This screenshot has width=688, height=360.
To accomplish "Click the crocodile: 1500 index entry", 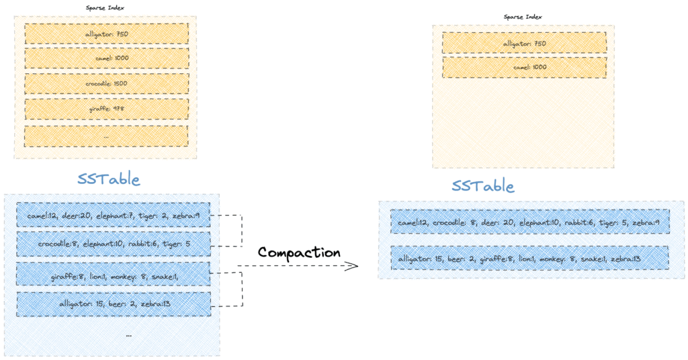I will click(x=106, y=83).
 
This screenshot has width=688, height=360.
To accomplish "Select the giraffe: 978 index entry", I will click(x=106, y=109).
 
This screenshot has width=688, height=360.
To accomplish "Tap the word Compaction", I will click(x=299, y=253).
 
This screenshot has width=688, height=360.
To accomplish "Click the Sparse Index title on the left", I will click(x=105, y=7).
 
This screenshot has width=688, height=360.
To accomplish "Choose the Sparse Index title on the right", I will click(x=523, y=17).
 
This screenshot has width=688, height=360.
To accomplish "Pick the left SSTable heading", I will click(x=108, y=179).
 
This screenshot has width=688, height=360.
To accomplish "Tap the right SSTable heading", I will click(x=483, y=185).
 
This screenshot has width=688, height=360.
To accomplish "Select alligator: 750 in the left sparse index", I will click(x=106, y=34).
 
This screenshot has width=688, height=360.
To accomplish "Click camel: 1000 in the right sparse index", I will click(x=524, y=67).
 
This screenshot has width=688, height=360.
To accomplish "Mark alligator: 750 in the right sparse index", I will click(x=524, y=44).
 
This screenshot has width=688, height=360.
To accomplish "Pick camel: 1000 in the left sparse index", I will click(x=106, y=58).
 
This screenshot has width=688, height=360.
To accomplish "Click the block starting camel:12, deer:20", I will click(x=114, y=216).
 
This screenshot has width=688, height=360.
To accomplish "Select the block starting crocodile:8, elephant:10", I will click(x=114, y=244).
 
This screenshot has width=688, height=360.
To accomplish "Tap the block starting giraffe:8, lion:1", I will click(x=114, y=274).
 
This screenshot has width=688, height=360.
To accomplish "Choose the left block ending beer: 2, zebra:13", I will click(x=114, y=304).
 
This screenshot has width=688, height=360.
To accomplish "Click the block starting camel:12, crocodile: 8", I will click(x=529, y=222).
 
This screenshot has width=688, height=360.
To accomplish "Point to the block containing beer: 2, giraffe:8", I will click(x=529, y=259).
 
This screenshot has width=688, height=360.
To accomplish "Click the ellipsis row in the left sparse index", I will click(x=106, y=136).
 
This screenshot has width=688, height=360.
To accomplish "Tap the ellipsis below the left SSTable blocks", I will click(x=128, y=334).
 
